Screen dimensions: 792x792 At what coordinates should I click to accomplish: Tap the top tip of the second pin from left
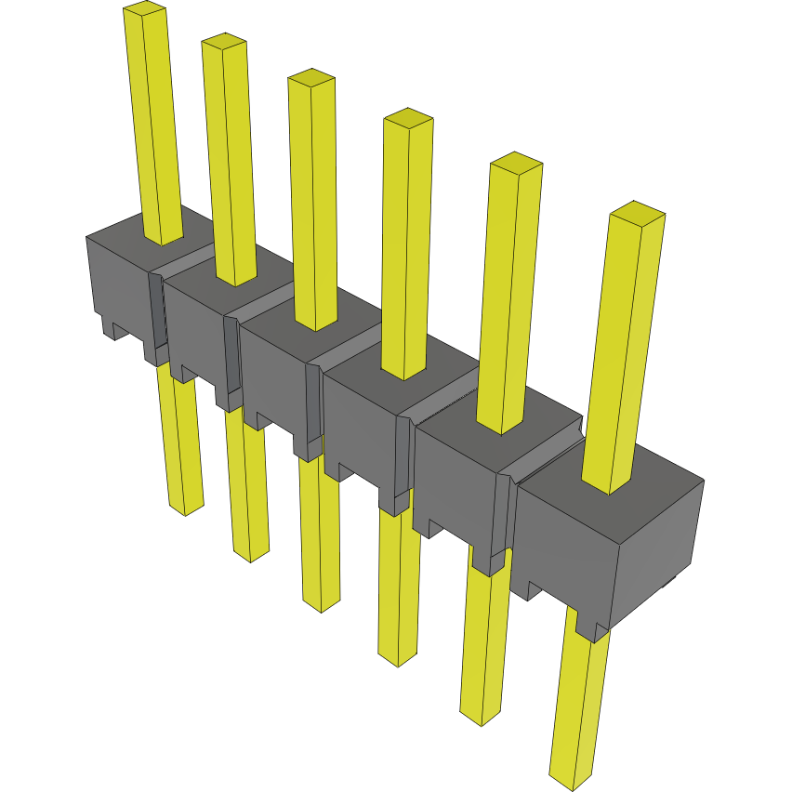click(x=224, y=42)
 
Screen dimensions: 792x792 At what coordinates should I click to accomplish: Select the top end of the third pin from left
click(x=310, y=77)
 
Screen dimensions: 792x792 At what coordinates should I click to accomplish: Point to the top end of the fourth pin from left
click(x=408, y=118)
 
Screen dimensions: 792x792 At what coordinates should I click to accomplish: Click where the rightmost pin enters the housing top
click(x=609, y=485)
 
